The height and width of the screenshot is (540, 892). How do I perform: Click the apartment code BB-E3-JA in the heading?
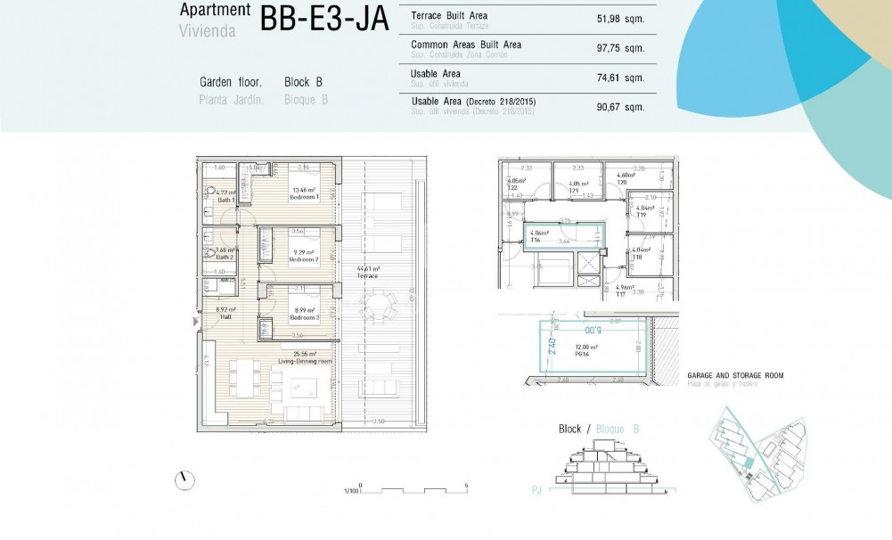(324, 19)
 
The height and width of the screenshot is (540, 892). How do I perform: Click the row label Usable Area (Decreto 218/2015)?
(473, 102)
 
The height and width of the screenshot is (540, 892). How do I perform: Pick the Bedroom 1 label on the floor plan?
(303, 197)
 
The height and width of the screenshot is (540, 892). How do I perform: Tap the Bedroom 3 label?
(303, 318)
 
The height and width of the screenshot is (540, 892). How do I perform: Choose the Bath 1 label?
(226, 200)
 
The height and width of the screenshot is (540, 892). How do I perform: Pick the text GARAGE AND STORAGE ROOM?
(735, 376)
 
